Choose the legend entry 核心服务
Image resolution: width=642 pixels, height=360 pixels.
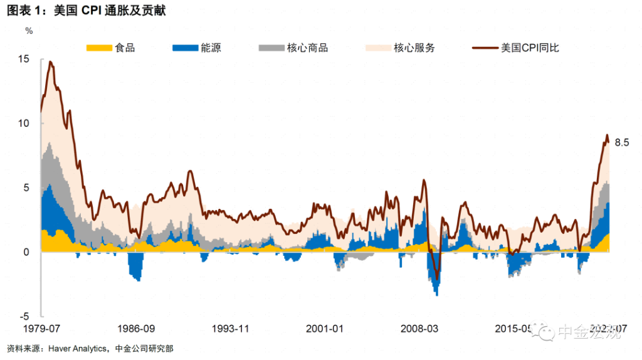click(x=414, y=48)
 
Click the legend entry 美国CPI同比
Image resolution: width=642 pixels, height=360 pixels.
click(x=530, y=48)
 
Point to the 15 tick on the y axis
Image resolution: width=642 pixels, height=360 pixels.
click(x=24, y=59)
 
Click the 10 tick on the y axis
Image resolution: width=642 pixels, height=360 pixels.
click(x=24, y=123)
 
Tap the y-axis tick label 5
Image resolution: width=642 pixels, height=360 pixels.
click(x=26, y=188)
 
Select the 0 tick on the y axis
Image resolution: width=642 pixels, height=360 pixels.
click(x=26, y=252)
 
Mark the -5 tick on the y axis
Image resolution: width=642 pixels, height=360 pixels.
click(x=24, y=316)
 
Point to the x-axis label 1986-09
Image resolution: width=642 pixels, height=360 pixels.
click(x=136, y=329)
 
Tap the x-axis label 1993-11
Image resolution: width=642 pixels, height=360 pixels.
click(x=230, y=329)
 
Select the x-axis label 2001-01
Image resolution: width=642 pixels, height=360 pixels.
click(x=325, y=329)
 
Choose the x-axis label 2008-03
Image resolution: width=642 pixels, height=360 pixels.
click(x=419, y=329)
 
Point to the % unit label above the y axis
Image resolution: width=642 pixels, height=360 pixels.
click(x=29, y=29)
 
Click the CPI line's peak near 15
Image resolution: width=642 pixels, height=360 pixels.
click(x=50, y=61)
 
